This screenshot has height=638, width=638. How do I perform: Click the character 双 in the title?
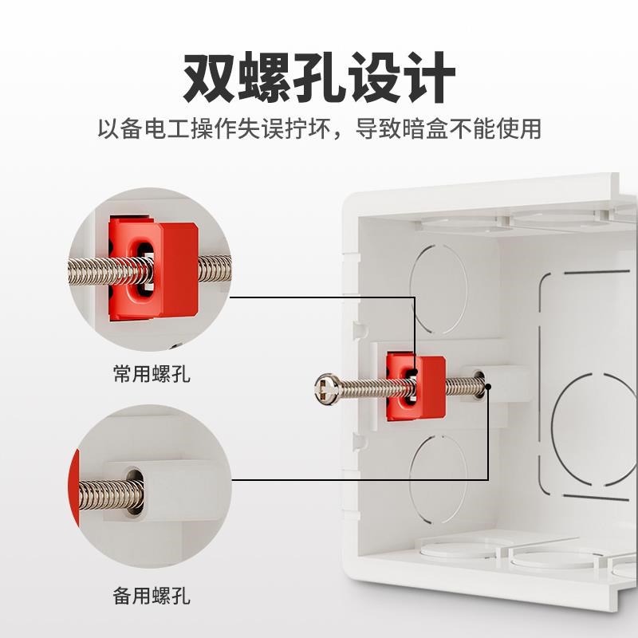211,77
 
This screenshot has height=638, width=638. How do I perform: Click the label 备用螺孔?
152,595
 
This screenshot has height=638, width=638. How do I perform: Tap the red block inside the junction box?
415,387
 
